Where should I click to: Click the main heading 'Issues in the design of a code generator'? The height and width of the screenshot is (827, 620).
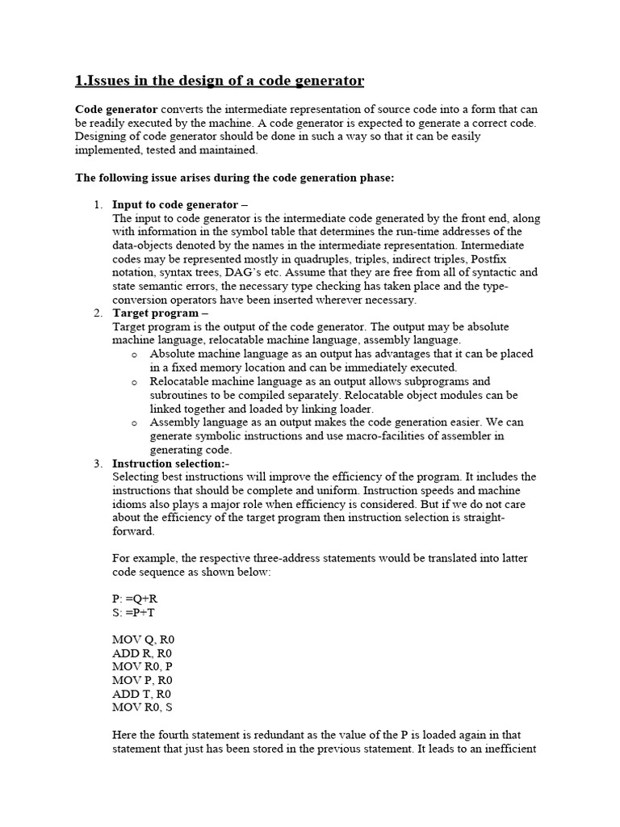[220, 81]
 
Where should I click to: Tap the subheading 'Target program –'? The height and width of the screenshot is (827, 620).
[154, 313]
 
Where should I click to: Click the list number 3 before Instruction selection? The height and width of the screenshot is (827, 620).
[97, 464]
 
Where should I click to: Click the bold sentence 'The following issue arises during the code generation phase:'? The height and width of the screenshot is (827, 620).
[234, 178]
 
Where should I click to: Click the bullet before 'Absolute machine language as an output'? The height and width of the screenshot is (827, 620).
[135, 355]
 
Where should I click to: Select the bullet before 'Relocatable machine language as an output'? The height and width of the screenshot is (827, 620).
[135, 382]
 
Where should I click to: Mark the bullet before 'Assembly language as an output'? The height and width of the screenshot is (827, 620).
[135, 423]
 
